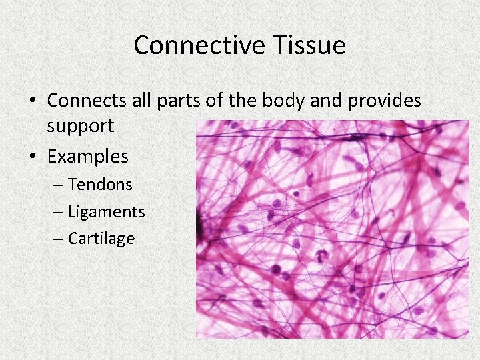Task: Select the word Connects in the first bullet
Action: click(x=85, y=101)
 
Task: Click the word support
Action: click(x=81, y=126)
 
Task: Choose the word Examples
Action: click(x=87, y=157)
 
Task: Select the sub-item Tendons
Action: click(x=100, y=184)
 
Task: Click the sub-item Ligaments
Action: click(x=106, y=212)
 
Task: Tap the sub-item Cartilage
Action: click(x=101, y=239)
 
